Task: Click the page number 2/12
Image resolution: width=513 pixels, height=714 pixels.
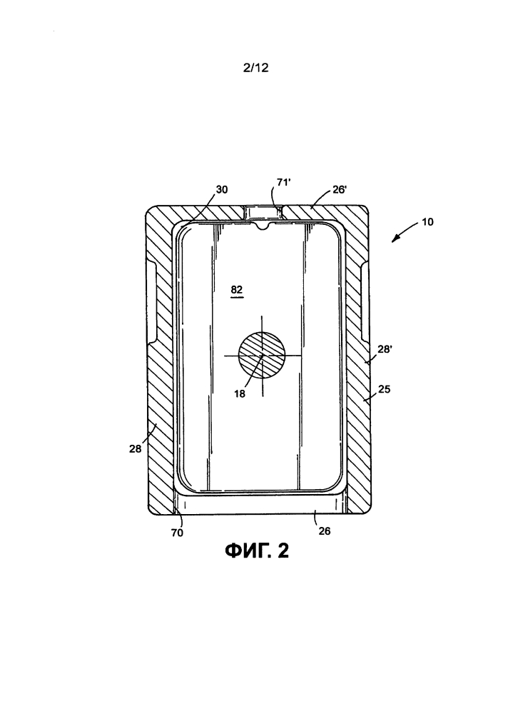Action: pos(256,68)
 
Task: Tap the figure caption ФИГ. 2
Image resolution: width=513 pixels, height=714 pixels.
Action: pos(257,551)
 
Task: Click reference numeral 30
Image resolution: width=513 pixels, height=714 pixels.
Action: pos(222,189)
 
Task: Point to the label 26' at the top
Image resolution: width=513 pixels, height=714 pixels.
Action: pos(340,189)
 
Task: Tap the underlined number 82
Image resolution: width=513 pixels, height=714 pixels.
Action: pos(237,290)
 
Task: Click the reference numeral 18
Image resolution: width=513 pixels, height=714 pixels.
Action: pos(240,394)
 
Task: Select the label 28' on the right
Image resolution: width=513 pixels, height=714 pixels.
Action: pos(385,349)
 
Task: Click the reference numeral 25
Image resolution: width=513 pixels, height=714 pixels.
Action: pos(385,389)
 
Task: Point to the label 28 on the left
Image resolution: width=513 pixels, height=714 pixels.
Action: pos(135,448)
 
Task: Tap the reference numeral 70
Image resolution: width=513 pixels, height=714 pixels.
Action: pos(177,533)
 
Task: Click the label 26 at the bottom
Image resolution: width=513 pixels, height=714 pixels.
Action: pos(325,531)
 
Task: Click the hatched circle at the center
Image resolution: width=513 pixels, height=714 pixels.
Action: pos(262,355)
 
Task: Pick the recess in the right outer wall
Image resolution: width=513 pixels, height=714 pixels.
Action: pos(365,301)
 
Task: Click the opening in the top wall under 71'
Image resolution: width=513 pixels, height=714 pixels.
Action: pos(263,213)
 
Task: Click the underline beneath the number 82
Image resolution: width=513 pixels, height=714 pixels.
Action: pos(237,297)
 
